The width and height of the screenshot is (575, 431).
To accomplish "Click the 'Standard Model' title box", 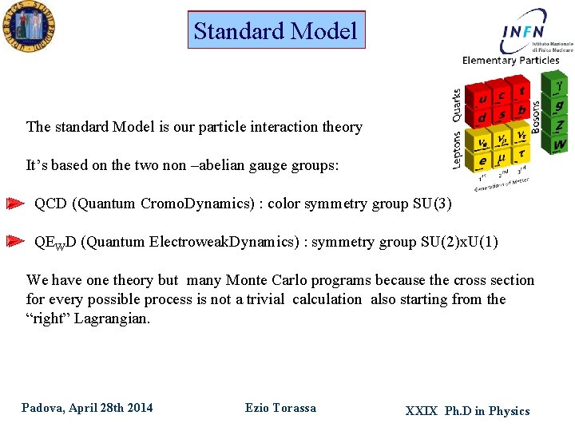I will (276, 30).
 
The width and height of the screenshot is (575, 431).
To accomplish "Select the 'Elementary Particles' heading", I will (511, 60).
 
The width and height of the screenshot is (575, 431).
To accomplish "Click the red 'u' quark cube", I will (482, 99).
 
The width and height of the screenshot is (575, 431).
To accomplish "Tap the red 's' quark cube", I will (502, 115).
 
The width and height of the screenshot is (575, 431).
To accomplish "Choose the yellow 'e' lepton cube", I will (482, 161).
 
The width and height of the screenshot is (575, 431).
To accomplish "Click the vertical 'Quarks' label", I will (457, 105).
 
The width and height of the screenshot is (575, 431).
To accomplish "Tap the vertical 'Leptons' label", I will (458, 150).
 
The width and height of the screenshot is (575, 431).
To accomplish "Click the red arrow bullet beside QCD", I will (15, 204).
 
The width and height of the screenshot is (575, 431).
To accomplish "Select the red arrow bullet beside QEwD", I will (15, 242).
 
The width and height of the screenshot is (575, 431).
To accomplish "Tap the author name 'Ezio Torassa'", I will (280, 408).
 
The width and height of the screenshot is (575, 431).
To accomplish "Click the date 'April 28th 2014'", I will (110, 408).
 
